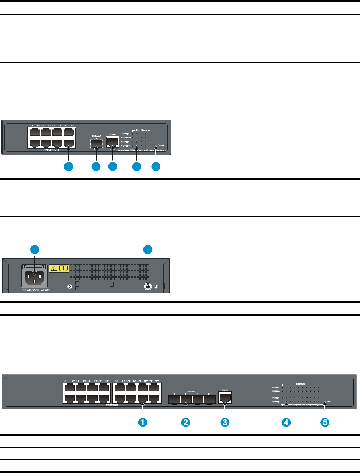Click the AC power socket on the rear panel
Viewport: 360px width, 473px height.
(x=34, y=274)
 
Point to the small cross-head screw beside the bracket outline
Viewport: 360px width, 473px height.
(x=70, y=287)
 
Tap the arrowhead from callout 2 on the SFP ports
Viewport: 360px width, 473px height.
(x=186, y=406)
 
